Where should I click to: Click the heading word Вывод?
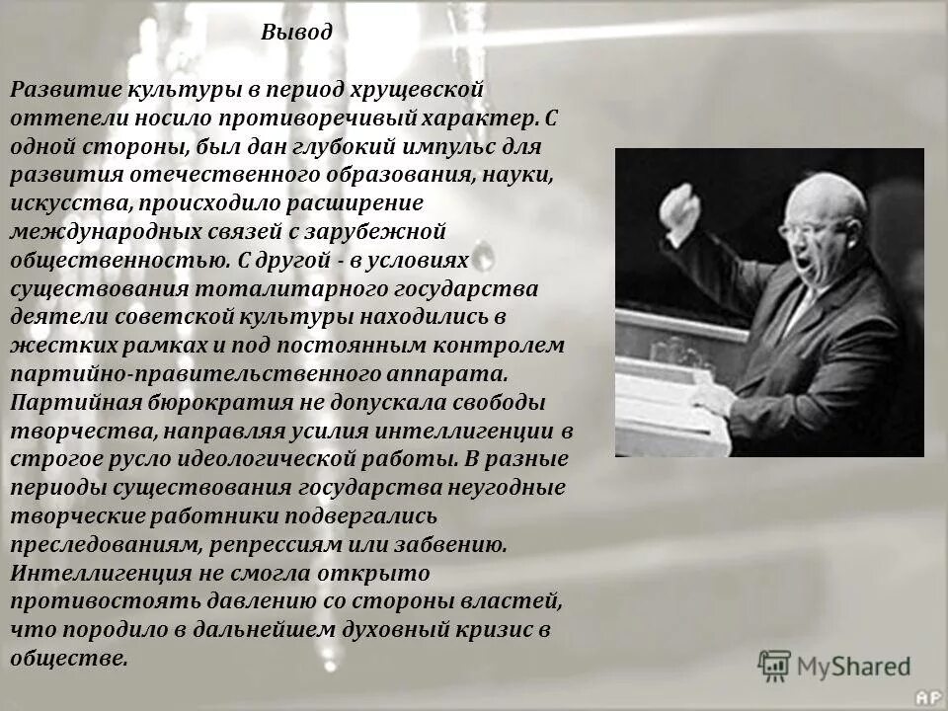297,32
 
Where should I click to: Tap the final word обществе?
68,659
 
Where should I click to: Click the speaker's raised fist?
680,206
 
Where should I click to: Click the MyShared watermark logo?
835,666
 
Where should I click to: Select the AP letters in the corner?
928,697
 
